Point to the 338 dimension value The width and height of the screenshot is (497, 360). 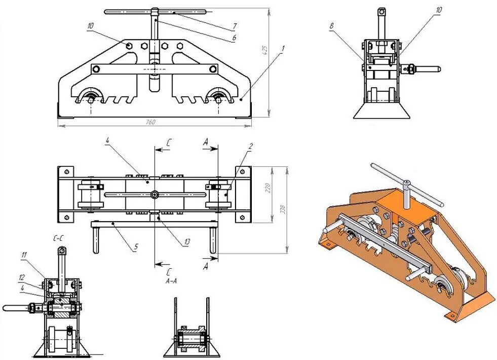point(284,208)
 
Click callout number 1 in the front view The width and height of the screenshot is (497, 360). point(283,48)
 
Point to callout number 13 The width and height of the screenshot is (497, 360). point(187,242)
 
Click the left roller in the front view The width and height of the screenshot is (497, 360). point(91,97)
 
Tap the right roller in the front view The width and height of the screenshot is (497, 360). point(219,97)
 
